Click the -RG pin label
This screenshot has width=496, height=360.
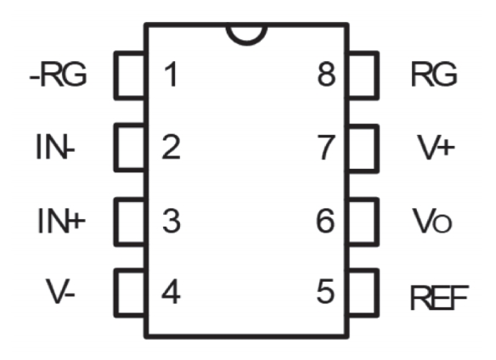coord(58,75)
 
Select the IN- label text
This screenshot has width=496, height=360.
coord(55,147)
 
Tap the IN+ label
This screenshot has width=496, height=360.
coord(61,221)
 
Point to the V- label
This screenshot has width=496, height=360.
coord(60,291)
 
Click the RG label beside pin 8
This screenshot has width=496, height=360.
coord(434,74)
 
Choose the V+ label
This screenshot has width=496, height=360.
coord(436,147)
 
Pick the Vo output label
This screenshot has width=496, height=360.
coord(432,221)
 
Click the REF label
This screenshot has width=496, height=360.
coord(439,297)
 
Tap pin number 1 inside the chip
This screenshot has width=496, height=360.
coord(171,75)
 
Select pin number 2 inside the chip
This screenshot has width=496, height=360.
coord(171,147)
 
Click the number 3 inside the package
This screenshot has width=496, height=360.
coord(172,221)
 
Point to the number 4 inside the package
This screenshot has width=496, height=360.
coord(171,291)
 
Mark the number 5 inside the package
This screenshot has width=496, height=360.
coord(325,291)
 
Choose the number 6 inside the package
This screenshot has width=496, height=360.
coord(325,221)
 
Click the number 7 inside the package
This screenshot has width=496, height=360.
coord(326,147)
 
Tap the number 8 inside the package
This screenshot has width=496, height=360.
coord(326,74)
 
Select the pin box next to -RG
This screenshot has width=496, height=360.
coord(116,76)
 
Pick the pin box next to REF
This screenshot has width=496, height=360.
coord(377,293)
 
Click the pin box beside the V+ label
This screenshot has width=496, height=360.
coord(377,149)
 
